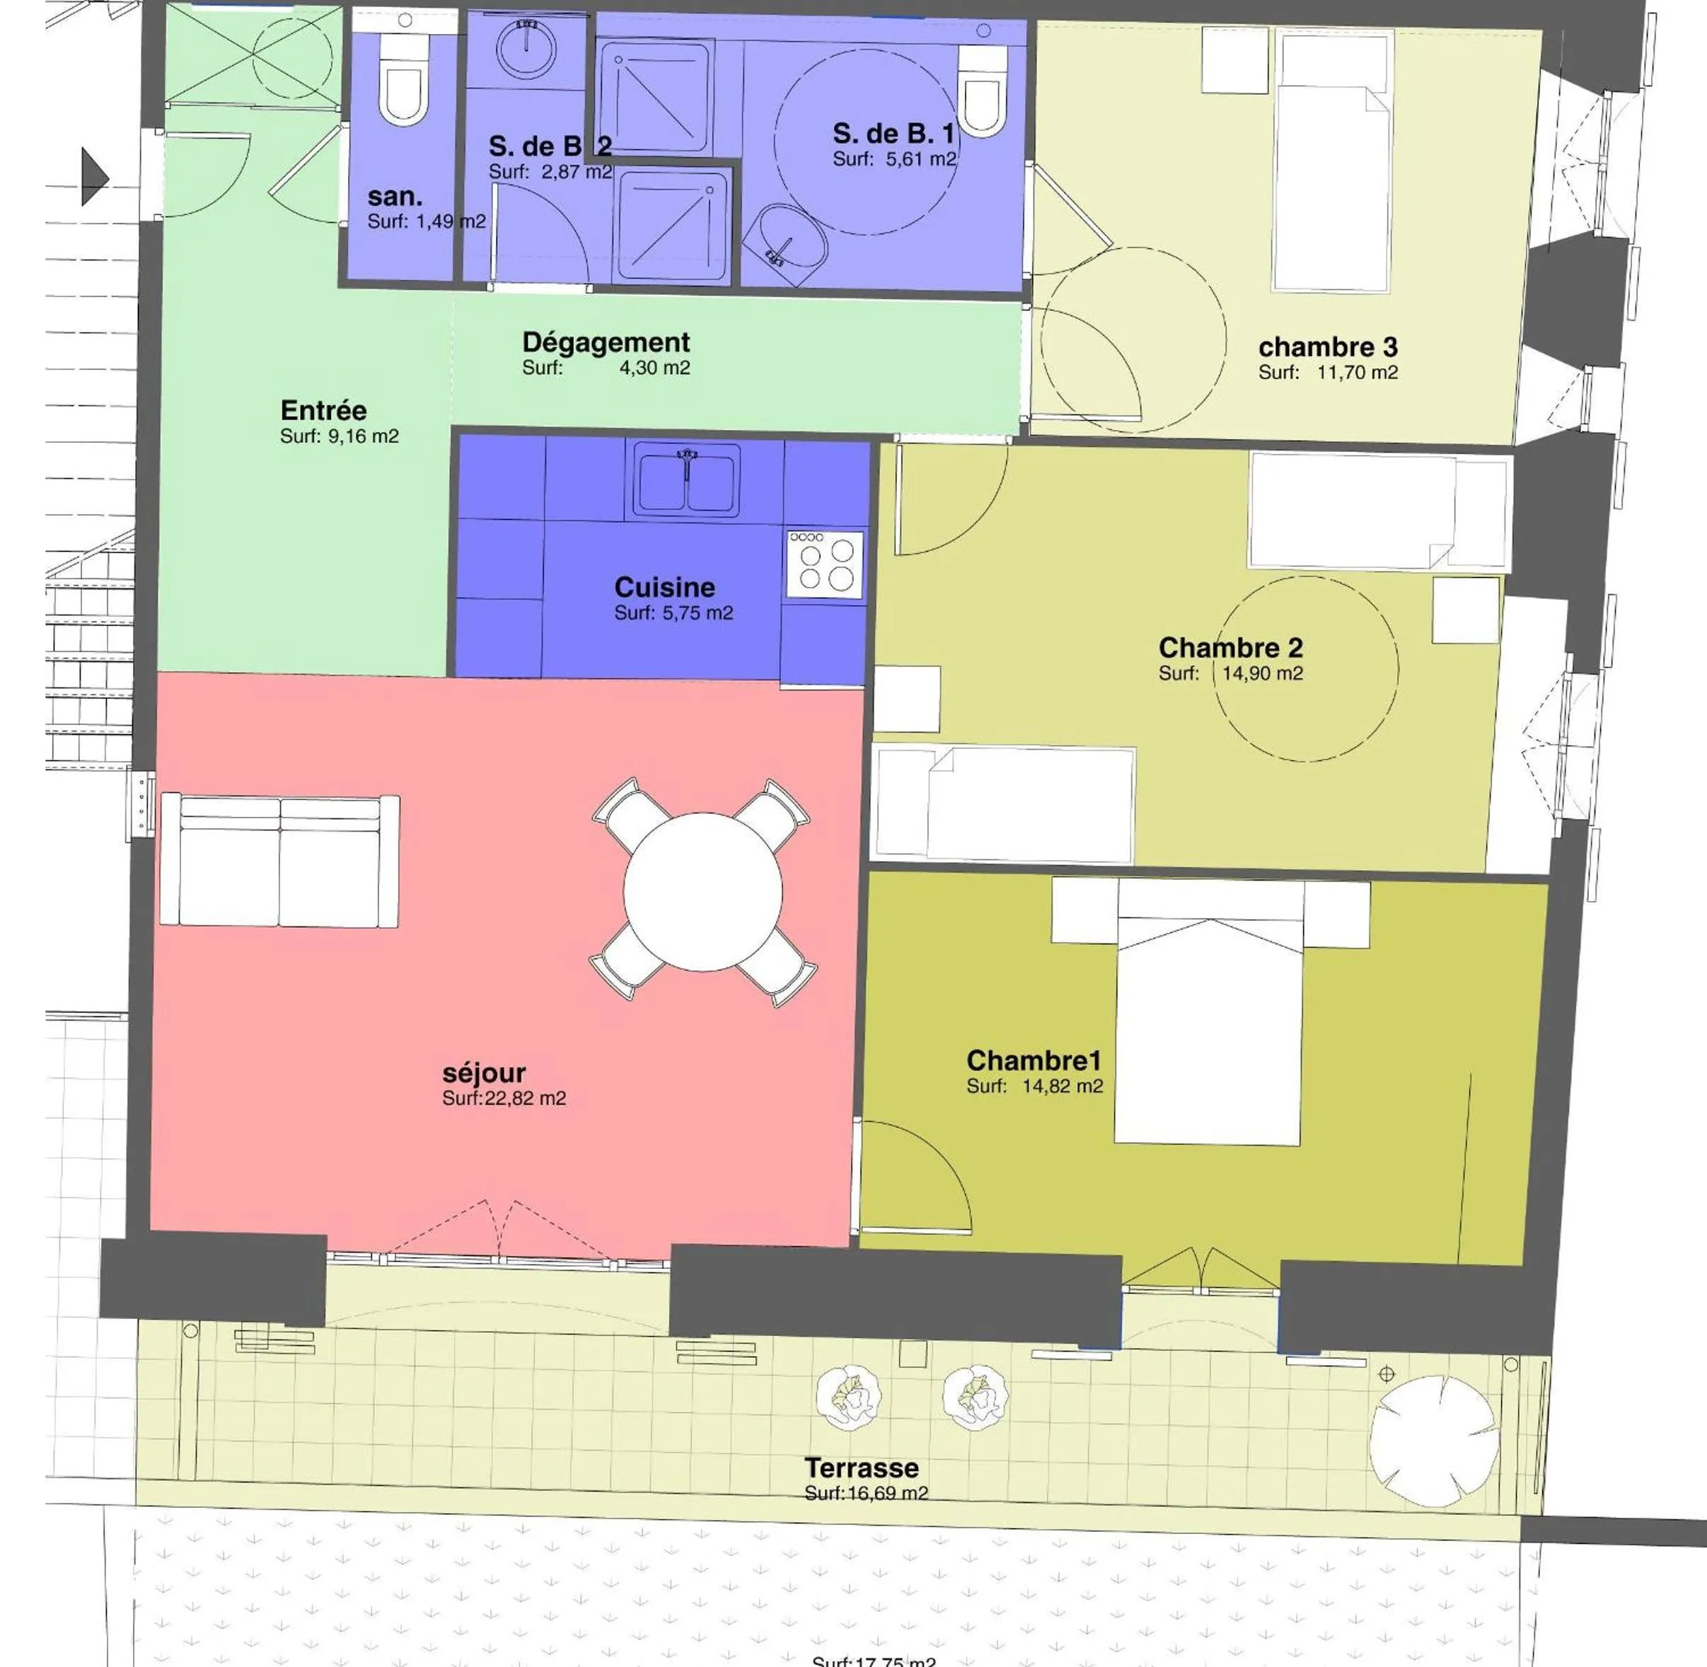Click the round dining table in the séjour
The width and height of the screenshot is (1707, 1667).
[x=702, y=892]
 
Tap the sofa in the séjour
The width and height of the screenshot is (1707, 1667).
[x=280, y=861]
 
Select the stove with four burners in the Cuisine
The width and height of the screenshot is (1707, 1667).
[x=824, y=564]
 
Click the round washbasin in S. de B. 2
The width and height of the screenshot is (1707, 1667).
[x=526, y=48]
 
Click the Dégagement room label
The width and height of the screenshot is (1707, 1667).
[x=606, y=342]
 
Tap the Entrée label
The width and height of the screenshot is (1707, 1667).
[x=323, y=411]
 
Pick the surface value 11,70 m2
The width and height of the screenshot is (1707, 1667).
[x=1357, y=372]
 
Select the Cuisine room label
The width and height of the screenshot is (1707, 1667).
[x=665, y=588]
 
